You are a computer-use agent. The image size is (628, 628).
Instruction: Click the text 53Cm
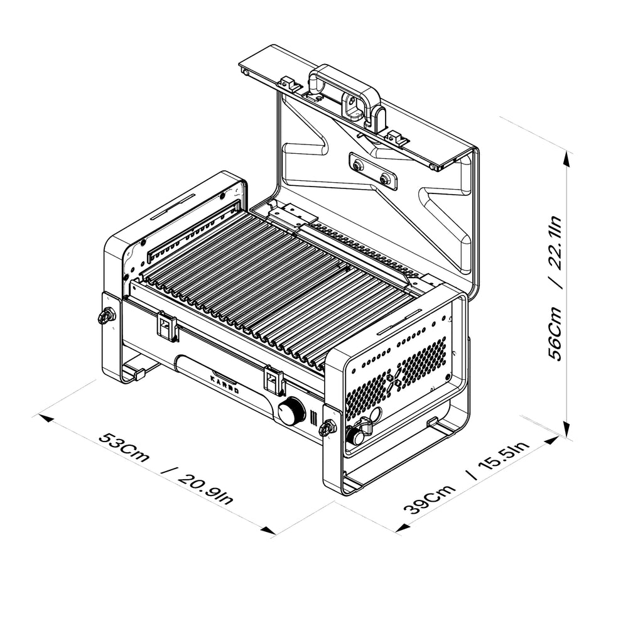click(124, 447)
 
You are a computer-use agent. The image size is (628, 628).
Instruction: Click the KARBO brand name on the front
click(224, 384)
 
